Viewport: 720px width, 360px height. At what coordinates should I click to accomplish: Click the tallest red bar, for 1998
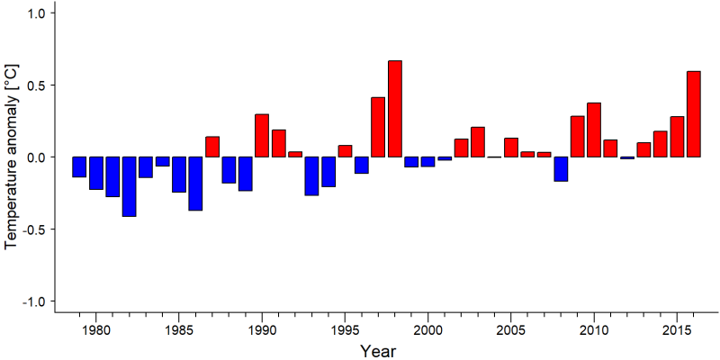[395, 109]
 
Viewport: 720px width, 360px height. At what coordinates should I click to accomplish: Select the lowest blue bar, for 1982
[129, 186]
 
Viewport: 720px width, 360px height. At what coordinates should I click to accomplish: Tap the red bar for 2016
[694, 114]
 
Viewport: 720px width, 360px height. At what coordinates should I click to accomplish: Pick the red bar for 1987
[212, 147]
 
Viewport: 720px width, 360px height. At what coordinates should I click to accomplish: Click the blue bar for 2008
[561, 169]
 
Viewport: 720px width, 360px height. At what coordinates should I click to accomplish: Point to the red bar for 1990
[262, 136]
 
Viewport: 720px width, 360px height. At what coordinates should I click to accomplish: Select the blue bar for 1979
[79, 166]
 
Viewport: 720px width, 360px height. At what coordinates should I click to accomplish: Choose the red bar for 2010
[594, 130]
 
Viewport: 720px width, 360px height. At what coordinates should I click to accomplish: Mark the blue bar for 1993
[311, 176]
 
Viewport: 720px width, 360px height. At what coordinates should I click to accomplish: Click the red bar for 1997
[378, 127]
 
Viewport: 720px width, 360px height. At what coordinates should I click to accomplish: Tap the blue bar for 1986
[195, 184]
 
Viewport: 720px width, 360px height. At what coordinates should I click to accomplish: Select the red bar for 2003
[478, 142]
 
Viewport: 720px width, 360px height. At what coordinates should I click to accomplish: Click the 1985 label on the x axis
[178, 331]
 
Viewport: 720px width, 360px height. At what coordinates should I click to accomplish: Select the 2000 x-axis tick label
[428, 331]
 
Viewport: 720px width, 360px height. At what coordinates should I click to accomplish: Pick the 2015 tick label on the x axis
[678, 331]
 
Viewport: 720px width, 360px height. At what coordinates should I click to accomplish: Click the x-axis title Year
[377, 351]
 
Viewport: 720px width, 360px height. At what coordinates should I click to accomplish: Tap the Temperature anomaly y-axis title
[13, 157]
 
